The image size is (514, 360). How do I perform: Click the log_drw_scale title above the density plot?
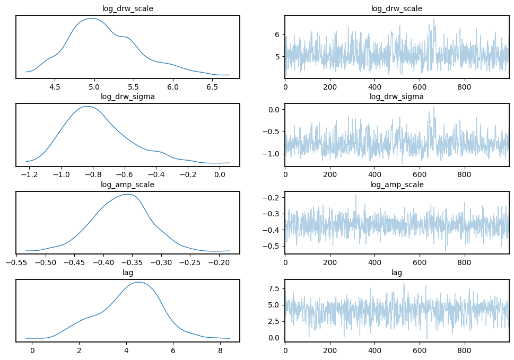click(127, 8)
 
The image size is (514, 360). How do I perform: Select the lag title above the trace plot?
click(397, 273)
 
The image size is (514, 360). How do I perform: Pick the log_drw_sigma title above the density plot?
click(127, 96)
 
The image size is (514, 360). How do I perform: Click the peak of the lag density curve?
click(139, 282)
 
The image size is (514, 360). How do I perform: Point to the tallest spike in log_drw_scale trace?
click(434, 19)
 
